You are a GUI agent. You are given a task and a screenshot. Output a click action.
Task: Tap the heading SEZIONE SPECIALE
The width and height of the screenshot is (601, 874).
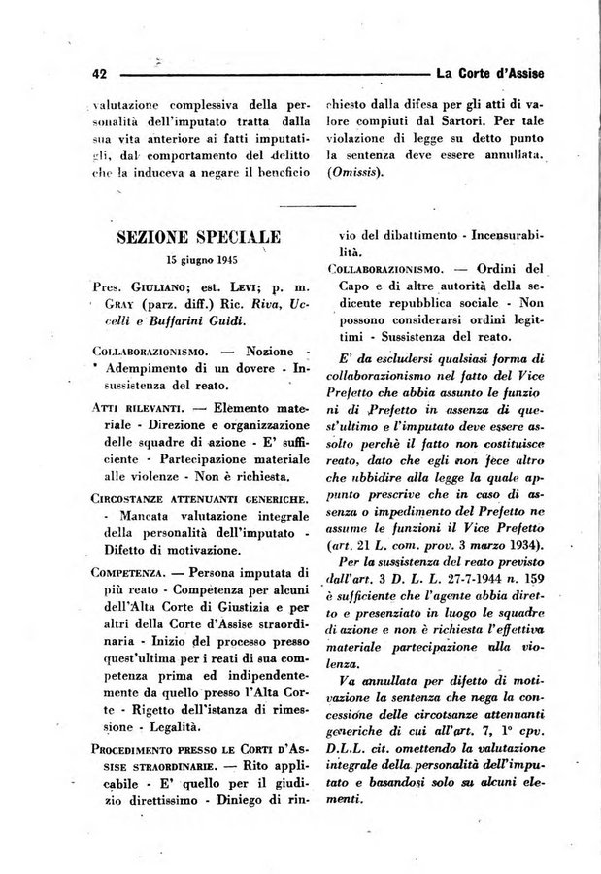pos(199,237)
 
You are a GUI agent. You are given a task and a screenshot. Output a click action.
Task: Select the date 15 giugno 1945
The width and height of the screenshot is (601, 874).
pos(202,260)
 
